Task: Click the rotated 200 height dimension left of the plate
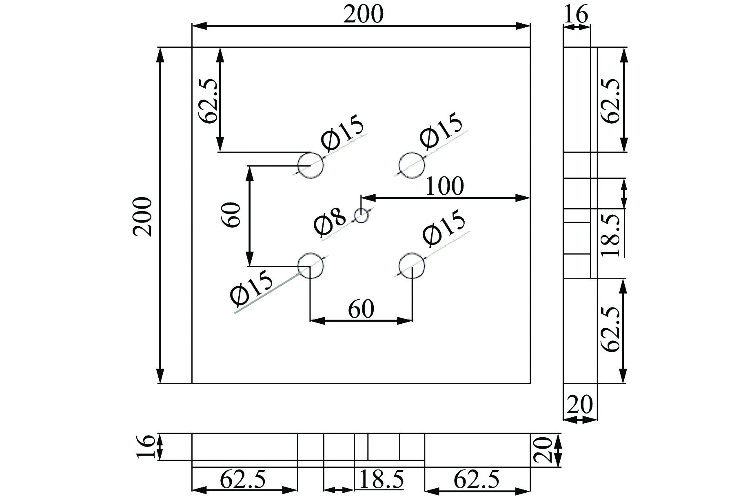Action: point(142,216)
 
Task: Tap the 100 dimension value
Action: point(444,187)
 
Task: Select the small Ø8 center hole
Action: point(362,215)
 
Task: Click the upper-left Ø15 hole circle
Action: point(311,153)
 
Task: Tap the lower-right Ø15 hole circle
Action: point(412,254)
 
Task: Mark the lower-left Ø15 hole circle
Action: point(311,254)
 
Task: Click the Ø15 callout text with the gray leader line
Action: point(251,288)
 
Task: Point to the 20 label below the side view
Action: point(580,405)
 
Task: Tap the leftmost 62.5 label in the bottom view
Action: point(243,479)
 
